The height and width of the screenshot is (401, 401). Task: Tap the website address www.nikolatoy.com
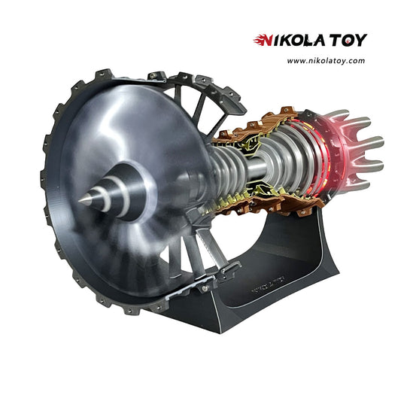pyautogui.click(x=326, y=61)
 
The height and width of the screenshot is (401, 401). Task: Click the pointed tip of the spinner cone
pyautogui.click(x=80, y=201)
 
